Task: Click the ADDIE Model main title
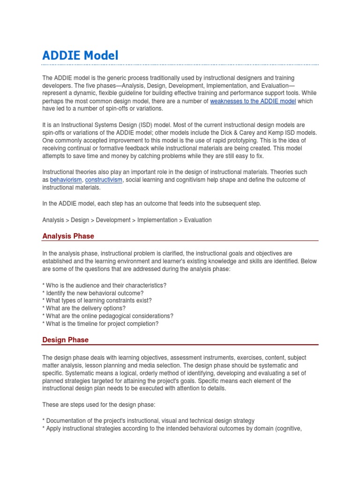pos(80,55)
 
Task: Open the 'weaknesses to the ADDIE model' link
pos(253,101)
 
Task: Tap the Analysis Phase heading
pos(68,236)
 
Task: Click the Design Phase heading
pos(65,339)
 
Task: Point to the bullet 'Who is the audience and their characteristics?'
pos(104,285)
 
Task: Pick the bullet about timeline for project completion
pos(100,323)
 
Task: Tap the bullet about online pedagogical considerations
pos(108,315)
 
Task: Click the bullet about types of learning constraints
pos(97,300)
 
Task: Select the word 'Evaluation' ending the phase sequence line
pos(198,220)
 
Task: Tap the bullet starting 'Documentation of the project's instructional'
pos(149,420)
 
